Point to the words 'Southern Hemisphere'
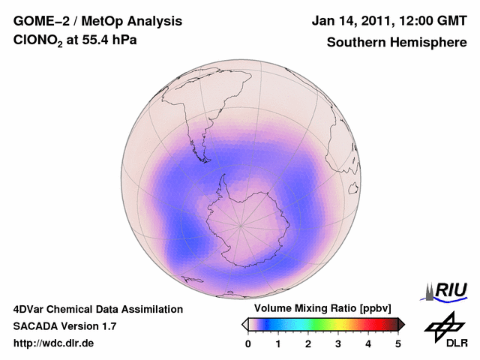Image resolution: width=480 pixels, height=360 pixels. [396, 43]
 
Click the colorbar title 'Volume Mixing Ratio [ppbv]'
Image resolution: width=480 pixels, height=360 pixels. [323, 308]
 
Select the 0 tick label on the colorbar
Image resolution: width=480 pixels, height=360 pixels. [248, 343]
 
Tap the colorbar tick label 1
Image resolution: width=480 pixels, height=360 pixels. [278, 343]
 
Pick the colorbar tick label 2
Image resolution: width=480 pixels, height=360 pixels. [308, 343]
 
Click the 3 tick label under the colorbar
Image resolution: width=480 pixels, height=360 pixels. [338, 343]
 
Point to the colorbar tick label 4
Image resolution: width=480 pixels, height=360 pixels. [368, 343]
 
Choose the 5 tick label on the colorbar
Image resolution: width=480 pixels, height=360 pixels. [398, 343]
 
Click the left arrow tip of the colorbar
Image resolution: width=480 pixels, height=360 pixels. [244, 324]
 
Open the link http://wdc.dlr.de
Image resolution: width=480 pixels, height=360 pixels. [54, 344]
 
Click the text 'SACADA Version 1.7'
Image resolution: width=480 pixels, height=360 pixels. [64, 326]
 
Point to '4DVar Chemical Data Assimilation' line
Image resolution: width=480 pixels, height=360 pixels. [97, 309]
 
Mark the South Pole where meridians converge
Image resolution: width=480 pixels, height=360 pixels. [241, 225]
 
